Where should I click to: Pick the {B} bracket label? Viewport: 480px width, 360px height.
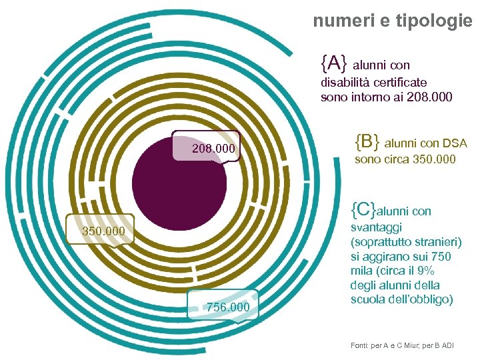(367, 141)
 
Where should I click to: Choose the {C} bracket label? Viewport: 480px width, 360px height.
(363, 209)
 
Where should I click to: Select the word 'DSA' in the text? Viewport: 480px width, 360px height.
(455, 143)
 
